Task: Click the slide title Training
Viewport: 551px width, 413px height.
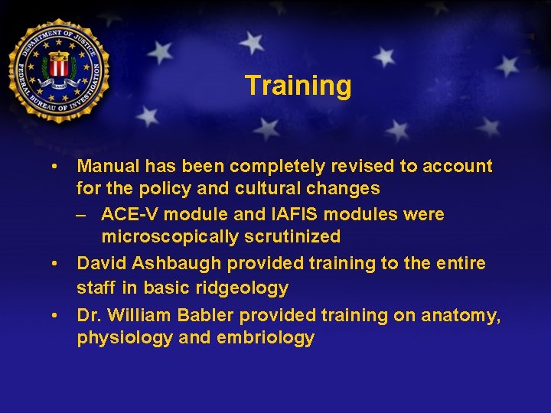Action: tap(298, 85)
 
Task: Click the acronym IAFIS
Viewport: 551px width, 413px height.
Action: tap(285, 214)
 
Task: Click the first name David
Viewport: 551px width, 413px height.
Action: tap(102, 264)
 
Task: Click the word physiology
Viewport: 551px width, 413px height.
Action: tap(125, 339)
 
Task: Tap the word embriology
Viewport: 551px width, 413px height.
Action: tap(266, 339)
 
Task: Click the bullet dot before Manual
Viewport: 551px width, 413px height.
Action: tap(55, 166)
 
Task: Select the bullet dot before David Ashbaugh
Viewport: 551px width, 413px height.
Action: tap(55, 264)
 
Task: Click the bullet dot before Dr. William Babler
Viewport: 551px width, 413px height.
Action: tap(55, 314)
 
